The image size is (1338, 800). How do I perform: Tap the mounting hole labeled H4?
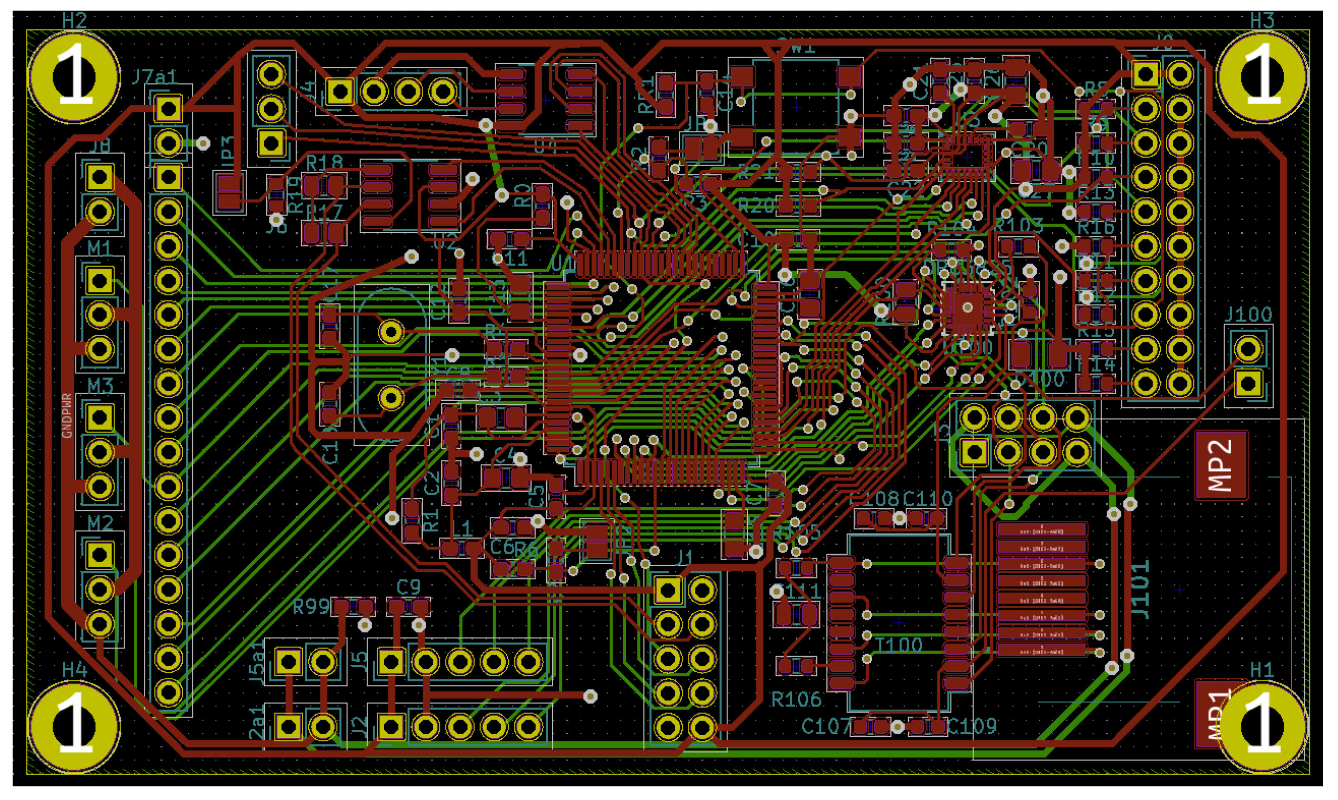[x=74, y=726]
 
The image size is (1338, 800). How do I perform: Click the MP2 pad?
[x=1221, y=465]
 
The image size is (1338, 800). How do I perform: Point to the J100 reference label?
[x=1247, y=314]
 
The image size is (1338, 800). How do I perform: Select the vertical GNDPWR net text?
[x=67, y=415]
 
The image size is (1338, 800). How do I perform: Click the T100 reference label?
[x=899, y=645]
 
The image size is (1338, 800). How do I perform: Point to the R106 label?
[x=796, y=700]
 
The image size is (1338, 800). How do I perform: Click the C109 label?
[x=972, y=727]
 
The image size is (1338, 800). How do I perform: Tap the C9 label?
[x=408, y=587]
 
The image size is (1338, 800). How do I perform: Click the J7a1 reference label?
[x=155, y=77]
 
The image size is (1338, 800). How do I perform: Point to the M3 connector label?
[x=100, y=386]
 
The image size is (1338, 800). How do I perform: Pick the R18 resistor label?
[x=324, y=162]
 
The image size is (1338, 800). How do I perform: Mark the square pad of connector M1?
[x=100, y=280]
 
